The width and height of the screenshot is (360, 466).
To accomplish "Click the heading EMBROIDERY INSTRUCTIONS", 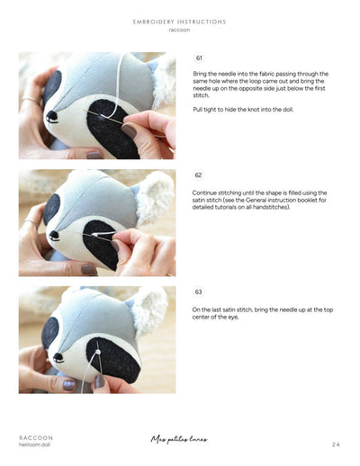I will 179,22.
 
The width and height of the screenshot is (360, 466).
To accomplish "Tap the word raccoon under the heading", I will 179,30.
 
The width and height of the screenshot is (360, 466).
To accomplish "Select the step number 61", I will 199,58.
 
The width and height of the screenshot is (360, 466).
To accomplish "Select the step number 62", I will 198,175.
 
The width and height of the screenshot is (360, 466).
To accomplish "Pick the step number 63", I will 199,292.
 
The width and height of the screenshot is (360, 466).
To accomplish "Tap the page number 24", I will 335,444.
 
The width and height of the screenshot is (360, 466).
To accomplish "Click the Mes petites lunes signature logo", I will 179,440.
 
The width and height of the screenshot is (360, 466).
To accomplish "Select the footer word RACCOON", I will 36,437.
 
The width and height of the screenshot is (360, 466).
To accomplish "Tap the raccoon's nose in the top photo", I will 52,116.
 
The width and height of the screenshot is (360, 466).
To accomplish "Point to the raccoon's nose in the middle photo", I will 53,236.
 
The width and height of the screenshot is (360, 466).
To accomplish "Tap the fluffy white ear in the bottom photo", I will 150,310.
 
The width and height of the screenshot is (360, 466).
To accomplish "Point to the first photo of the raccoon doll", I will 97,105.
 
